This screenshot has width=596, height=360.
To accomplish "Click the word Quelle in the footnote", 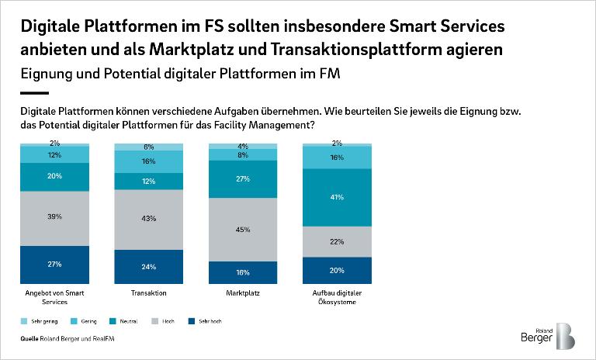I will click(31, 339).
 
